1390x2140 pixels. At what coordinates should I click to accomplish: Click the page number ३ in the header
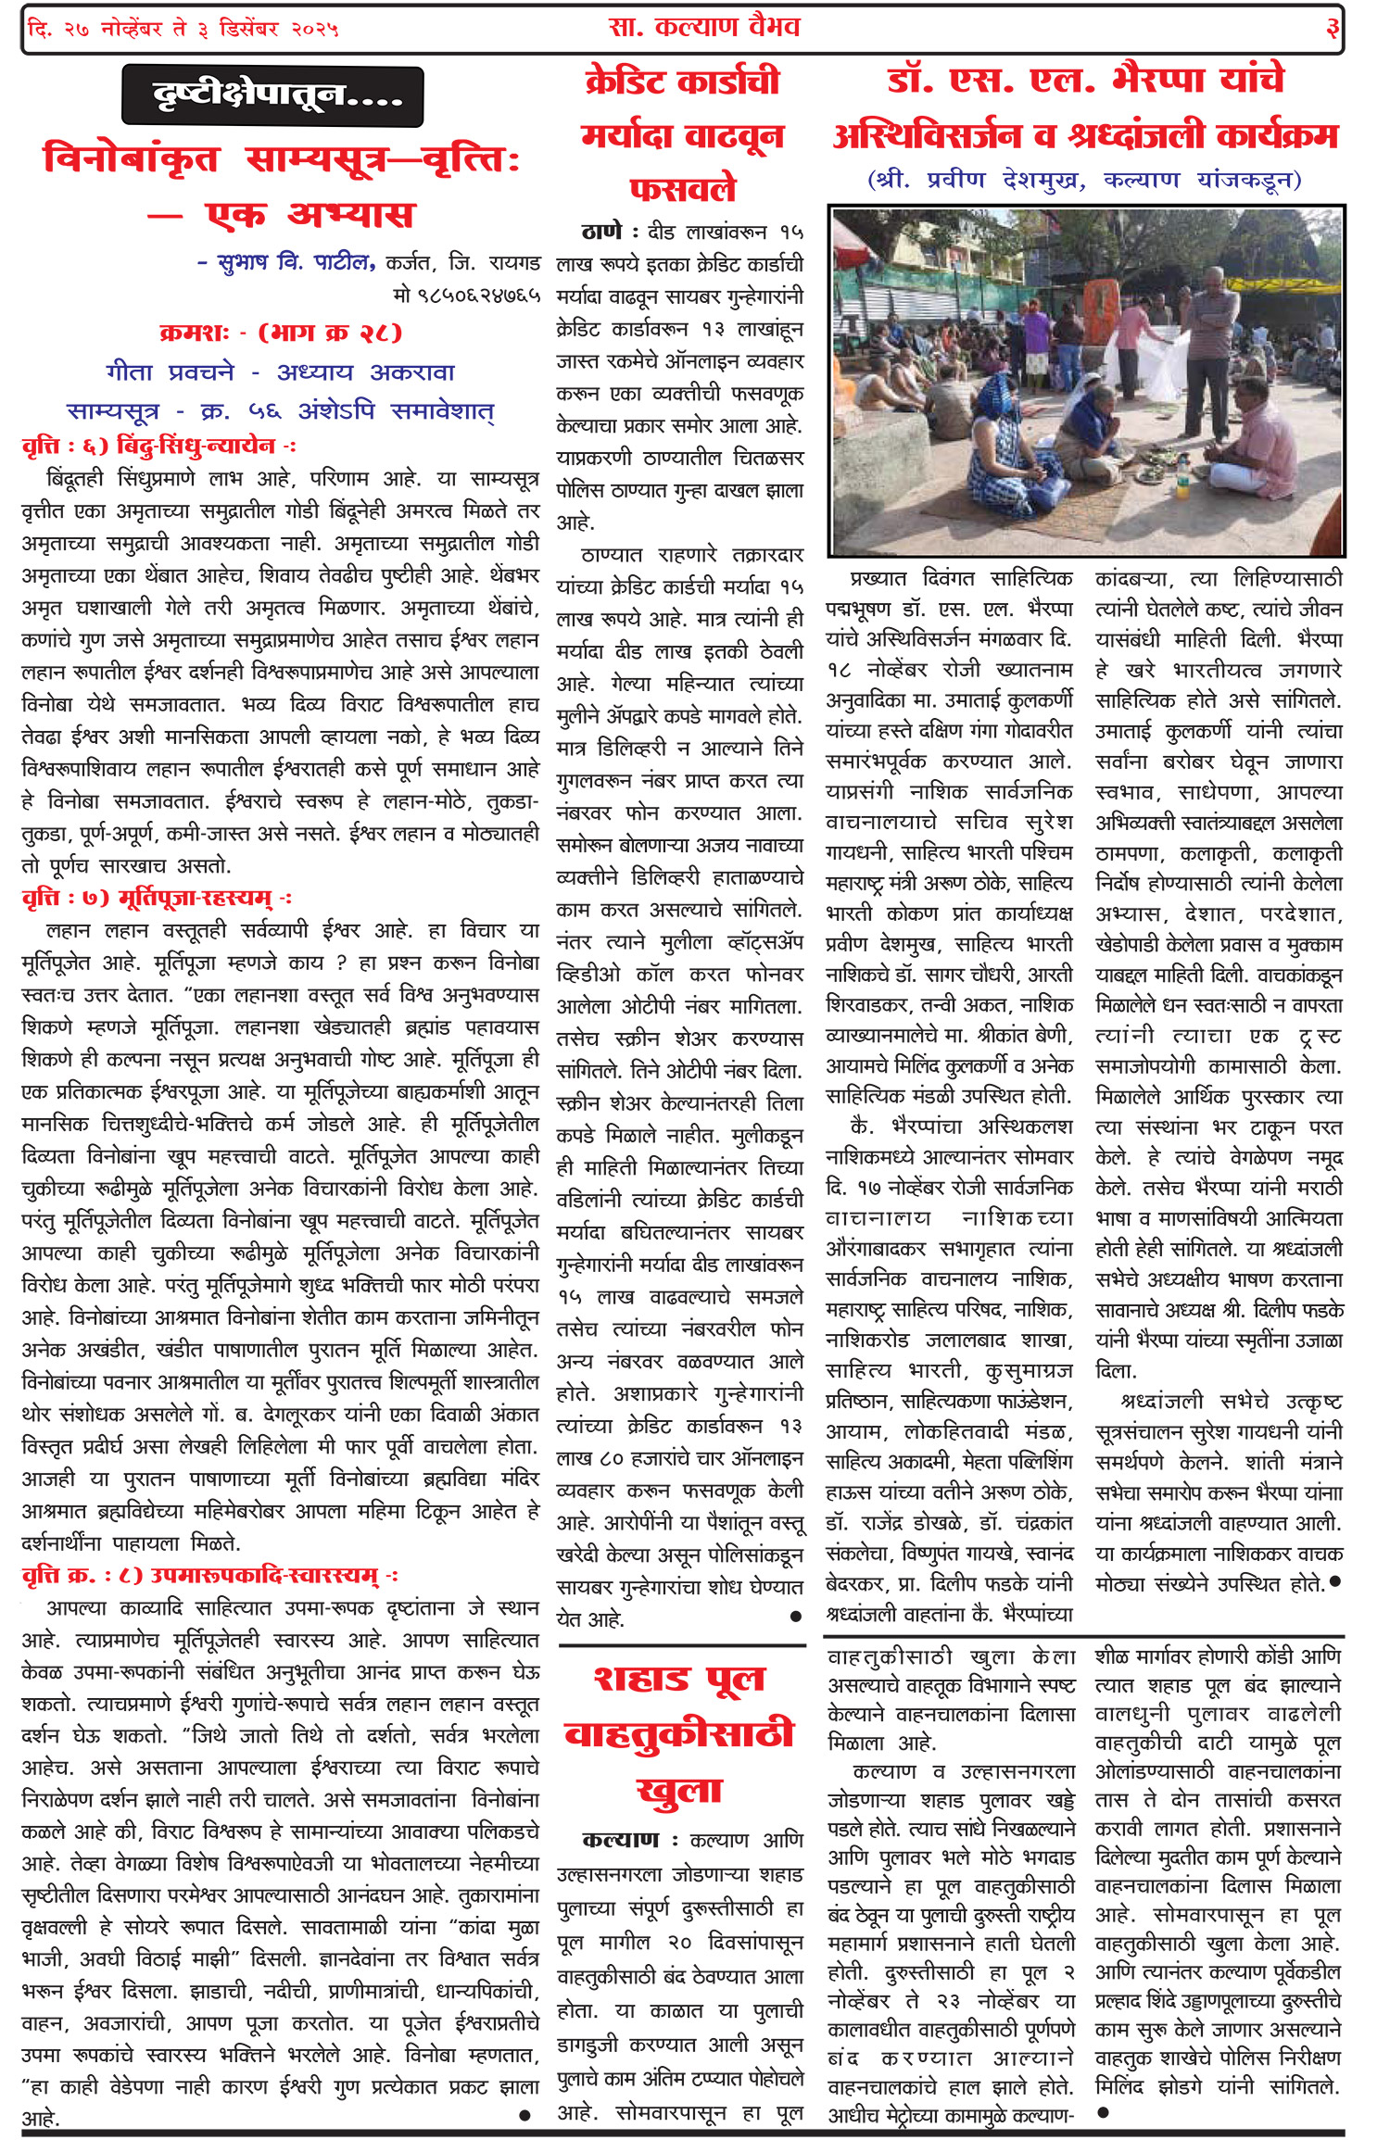point(1332,29)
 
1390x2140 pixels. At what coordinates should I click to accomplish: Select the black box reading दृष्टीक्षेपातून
point(272,95)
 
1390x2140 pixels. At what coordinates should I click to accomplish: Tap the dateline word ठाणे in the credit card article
point(601,232)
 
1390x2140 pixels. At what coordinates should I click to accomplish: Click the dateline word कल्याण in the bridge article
point(620,1839)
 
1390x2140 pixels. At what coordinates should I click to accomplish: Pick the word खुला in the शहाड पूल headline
point(679,1791)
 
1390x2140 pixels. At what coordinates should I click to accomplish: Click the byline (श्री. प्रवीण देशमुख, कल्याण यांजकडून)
point(1084,179)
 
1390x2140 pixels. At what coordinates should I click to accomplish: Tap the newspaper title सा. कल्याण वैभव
point(704,27)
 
